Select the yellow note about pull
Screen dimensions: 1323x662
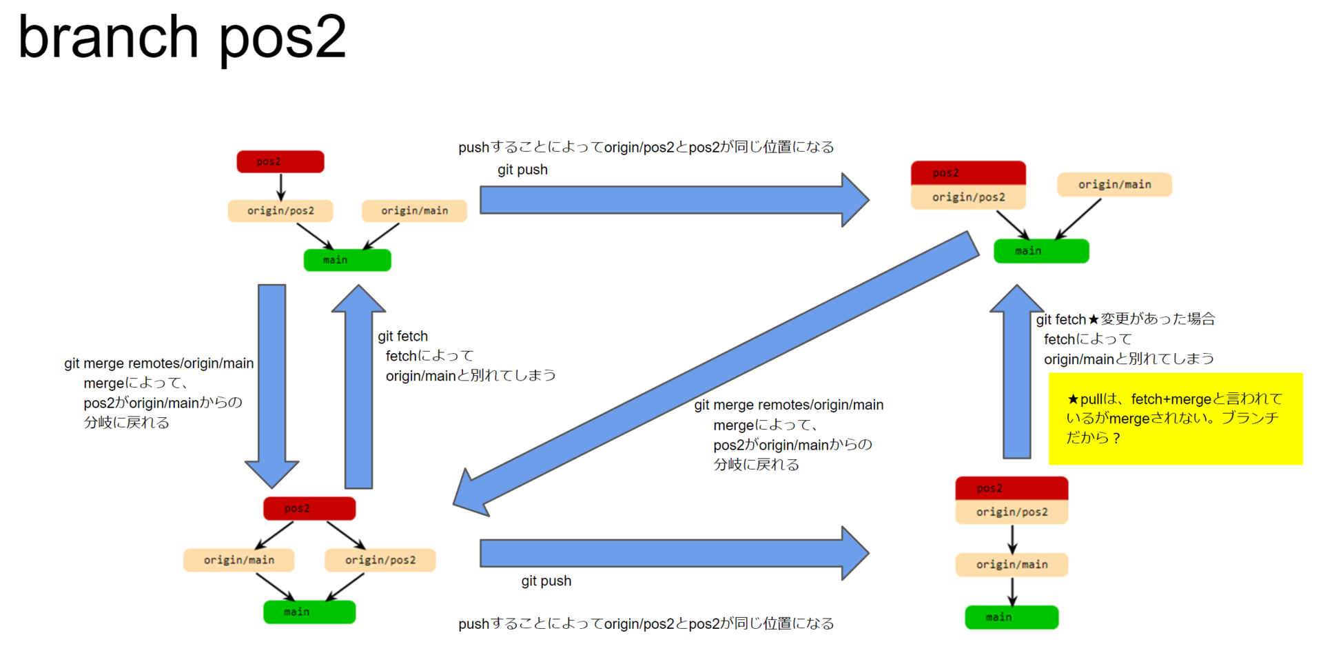[1176, 419]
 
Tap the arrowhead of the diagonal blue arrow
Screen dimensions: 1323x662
[472, 494]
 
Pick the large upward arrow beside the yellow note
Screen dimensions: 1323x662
[1017, 371]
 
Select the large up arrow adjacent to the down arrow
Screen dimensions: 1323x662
[358, 386]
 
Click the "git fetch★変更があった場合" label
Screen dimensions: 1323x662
[1125, 319]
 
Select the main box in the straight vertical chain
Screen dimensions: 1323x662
[1012, 617]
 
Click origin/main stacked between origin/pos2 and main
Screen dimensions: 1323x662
[1012, 565]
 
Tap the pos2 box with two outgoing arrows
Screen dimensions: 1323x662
[309, 508]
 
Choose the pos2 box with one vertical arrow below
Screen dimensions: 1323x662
[280, 161]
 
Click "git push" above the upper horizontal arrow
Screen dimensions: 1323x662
[522, 170]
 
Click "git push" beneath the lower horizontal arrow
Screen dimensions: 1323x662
[546, 581]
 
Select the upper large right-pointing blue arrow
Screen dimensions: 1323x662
[675, 200]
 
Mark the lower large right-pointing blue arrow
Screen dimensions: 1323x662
[675, 553]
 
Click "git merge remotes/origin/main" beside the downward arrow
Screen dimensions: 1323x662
[159, 363]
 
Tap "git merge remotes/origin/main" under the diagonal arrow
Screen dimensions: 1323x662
[789, 405]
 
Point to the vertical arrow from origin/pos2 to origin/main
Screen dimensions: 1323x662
[1012, 539]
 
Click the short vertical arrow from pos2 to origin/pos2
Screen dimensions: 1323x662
[280, 187]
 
